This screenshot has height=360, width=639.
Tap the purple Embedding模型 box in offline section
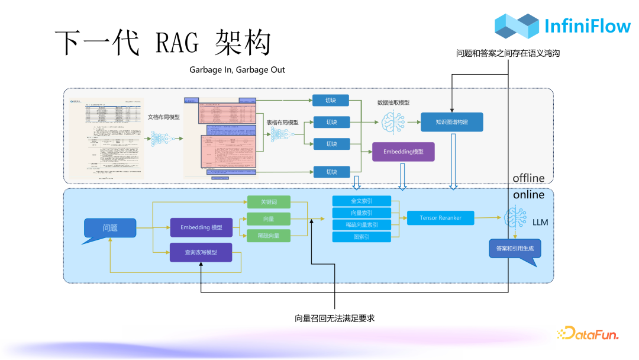[x=403, y=152]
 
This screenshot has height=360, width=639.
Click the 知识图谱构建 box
[x=452, y=122]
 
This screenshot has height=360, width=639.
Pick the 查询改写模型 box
[x=201, y=252]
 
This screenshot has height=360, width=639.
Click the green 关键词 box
[x=269, y=202]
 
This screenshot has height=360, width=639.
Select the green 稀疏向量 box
[x=269, y=236]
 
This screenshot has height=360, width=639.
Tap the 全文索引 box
[x=362, y=201]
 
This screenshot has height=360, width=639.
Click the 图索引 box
[x=362, y=237]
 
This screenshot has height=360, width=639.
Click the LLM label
[x=540, y=223]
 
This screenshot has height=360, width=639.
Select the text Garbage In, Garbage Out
[x=237, y=70]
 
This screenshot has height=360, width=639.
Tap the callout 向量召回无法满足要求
[x=335, y=319]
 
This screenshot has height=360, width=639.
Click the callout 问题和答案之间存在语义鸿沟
[x=508, y=53]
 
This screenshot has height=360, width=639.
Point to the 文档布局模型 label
[x=164, y=117]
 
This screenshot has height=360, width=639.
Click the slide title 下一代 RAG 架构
[x=163, y=43]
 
